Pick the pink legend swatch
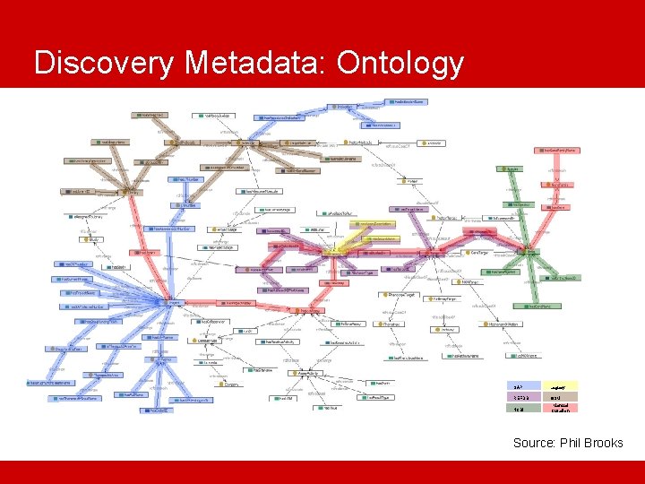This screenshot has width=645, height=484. click(562, 408)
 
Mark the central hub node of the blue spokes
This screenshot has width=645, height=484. click(168, 303)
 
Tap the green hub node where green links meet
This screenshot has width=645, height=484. click(529, 248)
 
